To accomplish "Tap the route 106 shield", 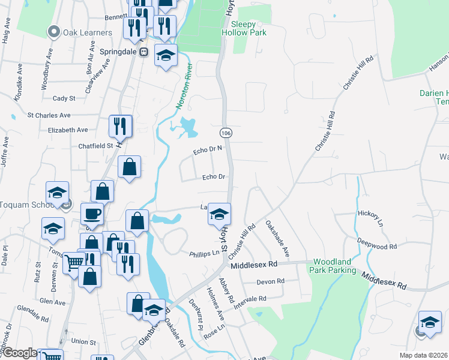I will (x=226, y=132).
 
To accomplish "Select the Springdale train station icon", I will (x=144, y=52).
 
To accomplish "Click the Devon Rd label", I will (x=270, y=281).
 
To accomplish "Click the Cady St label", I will (x=64, y=98).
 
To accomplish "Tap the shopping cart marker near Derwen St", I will (x=74, y=262).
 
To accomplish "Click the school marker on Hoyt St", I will (x=220, y=214).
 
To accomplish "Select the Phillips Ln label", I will (x=205, y=253).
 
